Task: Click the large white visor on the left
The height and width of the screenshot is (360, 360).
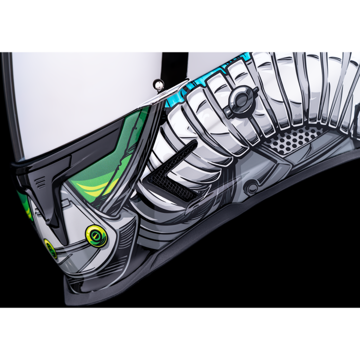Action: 77,103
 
